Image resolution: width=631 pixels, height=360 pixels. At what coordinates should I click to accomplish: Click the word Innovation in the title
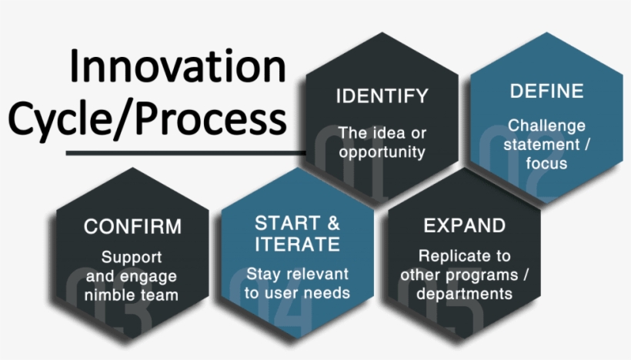(x=177, y=67)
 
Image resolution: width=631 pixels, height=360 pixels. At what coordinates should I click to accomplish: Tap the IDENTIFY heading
(x=382, y=97)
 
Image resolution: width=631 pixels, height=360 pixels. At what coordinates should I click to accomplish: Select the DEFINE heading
(x=546, y=92)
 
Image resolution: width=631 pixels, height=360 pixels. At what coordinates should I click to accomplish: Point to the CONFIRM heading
(x=132, y=227)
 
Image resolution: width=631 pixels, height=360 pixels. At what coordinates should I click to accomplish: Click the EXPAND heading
(x=464, y=226)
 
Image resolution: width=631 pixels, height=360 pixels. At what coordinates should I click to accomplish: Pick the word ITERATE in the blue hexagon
(x=297, y=245)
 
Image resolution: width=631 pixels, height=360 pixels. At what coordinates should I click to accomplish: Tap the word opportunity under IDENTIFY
(x=382, y=152)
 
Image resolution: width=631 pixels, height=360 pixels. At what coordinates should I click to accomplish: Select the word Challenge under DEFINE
(x=546, y=125)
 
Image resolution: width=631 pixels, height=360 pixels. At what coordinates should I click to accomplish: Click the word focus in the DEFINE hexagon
(x=546, y=162)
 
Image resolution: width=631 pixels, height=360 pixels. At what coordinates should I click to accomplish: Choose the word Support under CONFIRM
(x=132, y=256)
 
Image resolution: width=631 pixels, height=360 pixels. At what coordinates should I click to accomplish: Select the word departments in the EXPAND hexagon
(x=464, y=293)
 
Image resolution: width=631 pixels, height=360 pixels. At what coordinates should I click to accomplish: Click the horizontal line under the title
(x=185, y=152)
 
